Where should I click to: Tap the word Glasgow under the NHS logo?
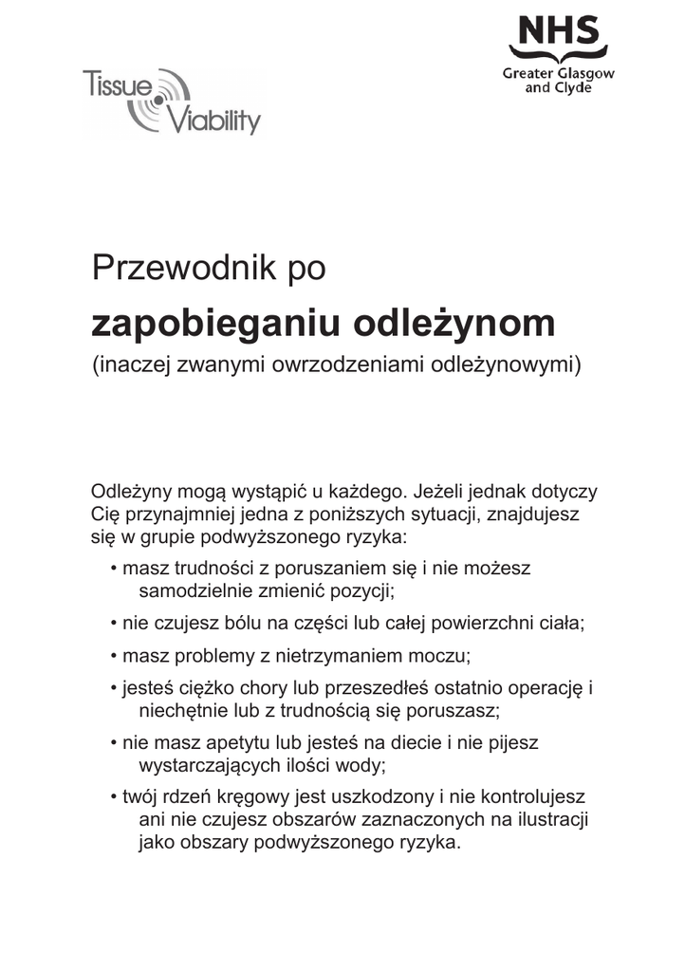[585, 73]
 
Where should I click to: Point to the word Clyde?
[573, 87]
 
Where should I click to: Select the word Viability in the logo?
[214, 121]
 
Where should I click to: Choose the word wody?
[369, 765]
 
